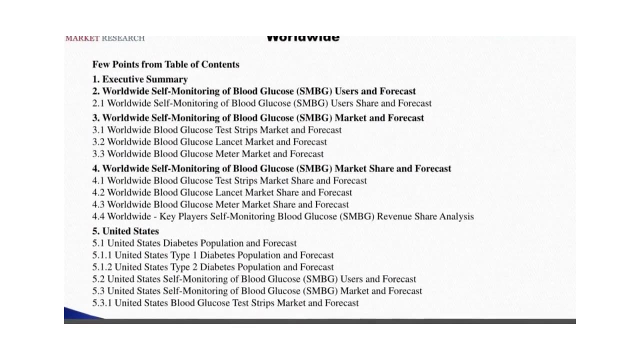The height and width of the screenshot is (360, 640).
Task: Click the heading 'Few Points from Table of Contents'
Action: coord(165,64)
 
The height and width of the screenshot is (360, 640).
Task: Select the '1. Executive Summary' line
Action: coord(140,79)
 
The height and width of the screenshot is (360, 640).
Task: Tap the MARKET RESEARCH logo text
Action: coord(105,38)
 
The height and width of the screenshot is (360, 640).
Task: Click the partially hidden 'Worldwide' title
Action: coord(303,38)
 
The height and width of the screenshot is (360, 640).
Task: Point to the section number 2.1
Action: coord(98,103)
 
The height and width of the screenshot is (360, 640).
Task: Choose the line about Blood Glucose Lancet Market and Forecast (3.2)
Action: coord(209,142)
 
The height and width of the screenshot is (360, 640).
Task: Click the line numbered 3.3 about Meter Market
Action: coord(207,154)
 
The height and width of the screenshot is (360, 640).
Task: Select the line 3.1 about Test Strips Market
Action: coord(217,130)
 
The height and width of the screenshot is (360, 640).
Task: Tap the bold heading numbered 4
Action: coord(271,168)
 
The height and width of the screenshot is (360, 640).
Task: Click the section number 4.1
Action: coord(98,180)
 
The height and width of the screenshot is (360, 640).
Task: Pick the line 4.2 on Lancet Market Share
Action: coord(222,192)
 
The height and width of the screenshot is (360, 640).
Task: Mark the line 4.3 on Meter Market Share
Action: coord(220,204)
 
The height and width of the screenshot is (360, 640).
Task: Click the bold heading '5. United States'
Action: coord(125,231)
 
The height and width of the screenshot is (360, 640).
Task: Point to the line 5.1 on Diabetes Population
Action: coord(194,243)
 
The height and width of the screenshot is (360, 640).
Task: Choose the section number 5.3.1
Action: coord(102,303)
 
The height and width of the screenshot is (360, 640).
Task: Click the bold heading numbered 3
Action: coord(258,118)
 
